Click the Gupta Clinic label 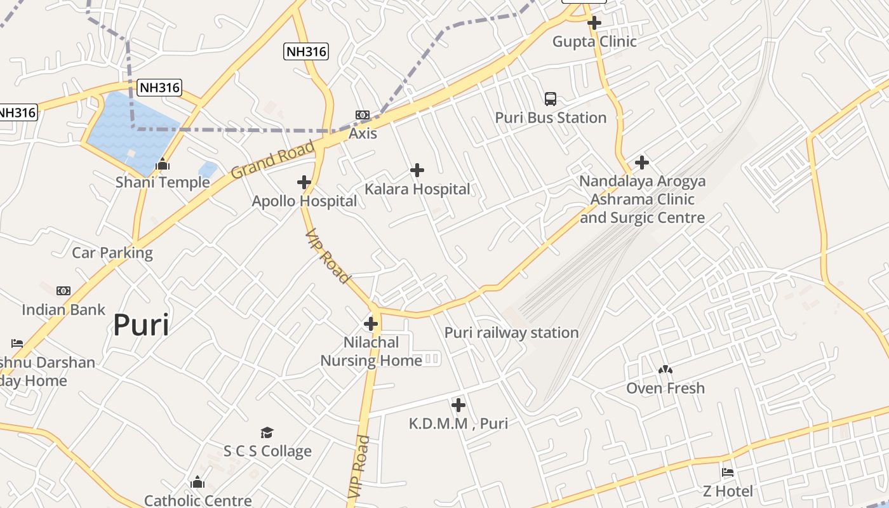[x=594, y=42]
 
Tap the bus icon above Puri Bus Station [x=551, y=99]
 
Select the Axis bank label [x=363, y=133]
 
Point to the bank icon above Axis [x=363, y=115]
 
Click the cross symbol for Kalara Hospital [x=417, y=170]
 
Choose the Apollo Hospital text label [x=304, y=201]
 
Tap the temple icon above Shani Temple [x=163, y=164]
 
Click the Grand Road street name [x=273, y=160]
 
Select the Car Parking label [x=112, y=253]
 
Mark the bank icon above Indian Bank [x=63, y=291]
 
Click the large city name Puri [x=141, y=325]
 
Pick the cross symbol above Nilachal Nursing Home [x=371, y=324]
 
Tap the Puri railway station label [x=511, y=333]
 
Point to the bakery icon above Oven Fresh [x=665, y=369]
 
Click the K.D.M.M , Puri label [x=458, y=424]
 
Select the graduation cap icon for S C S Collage [x=267, y=433]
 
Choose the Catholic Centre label [x=198, y=500]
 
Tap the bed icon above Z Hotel [x=728, y=472]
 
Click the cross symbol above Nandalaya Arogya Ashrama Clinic [x=642, y=163]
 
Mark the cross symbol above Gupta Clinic [x=594, y=23]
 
